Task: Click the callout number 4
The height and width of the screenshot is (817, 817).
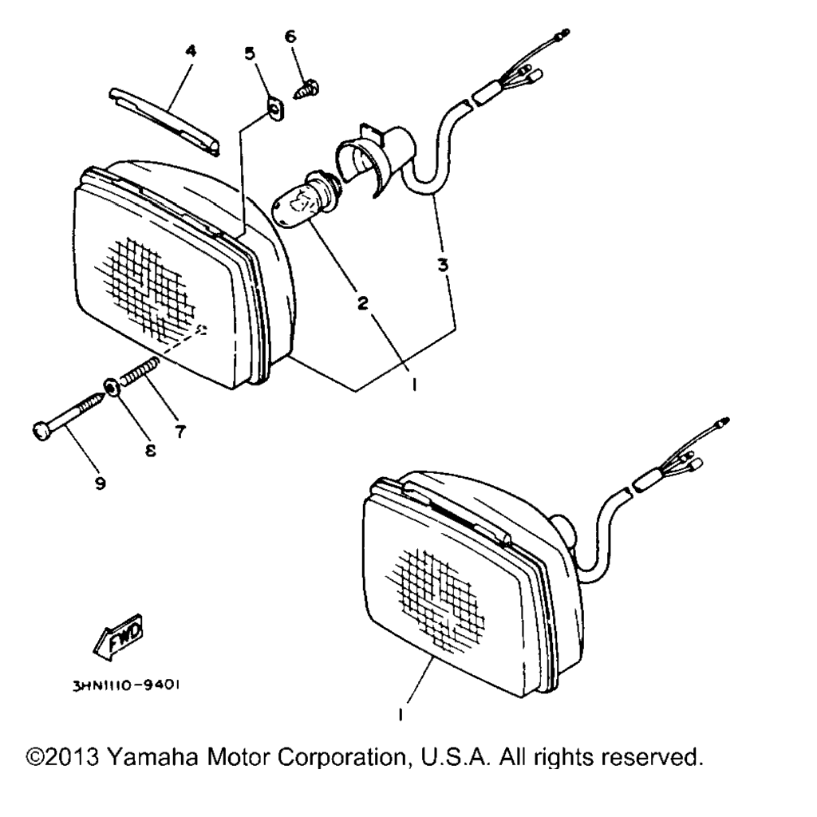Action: click(191, 51)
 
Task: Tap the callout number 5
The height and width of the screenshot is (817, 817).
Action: click(250, 53)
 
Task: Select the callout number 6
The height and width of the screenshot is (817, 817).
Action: click(290, 37)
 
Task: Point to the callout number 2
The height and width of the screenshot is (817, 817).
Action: click(363, 302)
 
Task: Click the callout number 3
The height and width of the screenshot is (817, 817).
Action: click(443, 265)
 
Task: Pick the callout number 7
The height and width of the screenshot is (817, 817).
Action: click(180, 432)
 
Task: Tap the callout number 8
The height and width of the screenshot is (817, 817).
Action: click(150, 450)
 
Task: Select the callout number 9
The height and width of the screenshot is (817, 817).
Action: click(101, 483)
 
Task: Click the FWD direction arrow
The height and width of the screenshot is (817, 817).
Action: click(118, 637)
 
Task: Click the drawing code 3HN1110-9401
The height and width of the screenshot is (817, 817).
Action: click(126, 685)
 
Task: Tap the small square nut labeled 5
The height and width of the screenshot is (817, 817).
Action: click(275, 109)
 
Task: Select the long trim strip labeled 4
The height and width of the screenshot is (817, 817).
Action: click(164, 122)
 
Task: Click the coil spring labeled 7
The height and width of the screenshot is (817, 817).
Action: click(139, 371)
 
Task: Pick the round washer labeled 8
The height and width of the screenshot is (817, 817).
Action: click(111, 388)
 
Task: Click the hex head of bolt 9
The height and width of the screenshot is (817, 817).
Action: click(41, 432)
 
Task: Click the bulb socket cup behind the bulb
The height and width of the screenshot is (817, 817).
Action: click(373, 160)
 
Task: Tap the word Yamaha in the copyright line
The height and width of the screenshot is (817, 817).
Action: click(152, 757)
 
